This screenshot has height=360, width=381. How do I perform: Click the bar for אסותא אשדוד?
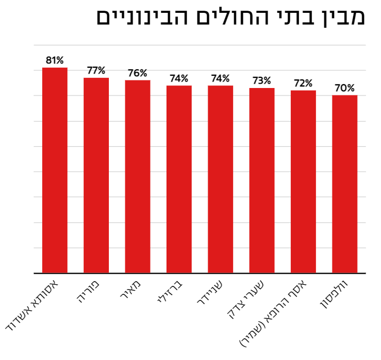pos(55,171)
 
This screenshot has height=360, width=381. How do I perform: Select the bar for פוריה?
pos(96,175)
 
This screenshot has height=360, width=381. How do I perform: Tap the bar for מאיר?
pos(138,177)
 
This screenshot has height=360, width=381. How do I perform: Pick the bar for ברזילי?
pos(179,179)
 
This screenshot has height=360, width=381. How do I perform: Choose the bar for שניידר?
pos(220,179)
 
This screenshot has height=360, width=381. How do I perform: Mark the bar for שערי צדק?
pos(262,181)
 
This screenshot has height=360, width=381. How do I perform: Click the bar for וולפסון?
pos(345,185)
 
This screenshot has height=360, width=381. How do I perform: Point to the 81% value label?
pos(55,60)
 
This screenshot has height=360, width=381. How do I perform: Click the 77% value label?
pos(96,70)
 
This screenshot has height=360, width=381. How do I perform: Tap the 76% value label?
pos(138,73)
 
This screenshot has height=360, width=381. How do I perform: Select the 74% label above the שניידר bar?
pos(220,78)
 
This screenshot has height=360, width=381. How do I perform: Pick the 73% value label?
pos(262,81)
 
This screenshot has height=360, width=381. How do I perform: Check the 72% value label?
pos(303,83)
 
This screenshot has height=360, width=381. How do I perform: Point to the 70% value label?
pos(345,88)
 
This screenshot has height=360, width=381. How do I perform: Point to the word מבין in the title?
pos(340,17)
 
